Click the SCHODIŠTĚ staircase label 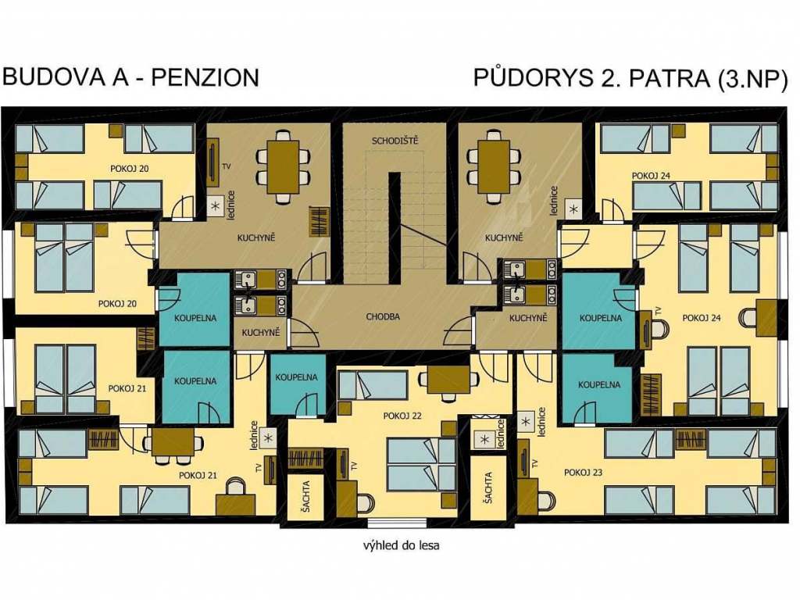[x=395, y=141]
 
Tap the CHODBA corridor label [x=383, y=317]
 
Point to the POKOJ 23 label [x=583, y=473]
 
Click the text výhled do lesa [x=401, y=545]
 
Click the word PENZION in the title [x=205, y=77]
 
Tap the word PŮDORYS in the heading [x=534, y=77]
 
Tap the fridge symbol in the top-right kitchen [x=574, y=209]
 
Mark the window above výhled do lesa [x=397, y=523]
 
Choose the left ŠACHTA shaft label [x=305, y=495]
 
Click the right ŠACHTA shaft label [x=487, y=488]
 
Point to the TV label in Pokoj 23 [x=534, y=463]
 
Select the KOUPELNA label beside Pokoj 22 [x=296, y=377]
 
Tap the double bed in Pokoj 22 [x=421, y=464]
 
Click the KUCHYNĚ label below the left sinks [x=261, y=333]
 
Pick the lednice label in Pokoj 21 [x=254, y=435]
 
